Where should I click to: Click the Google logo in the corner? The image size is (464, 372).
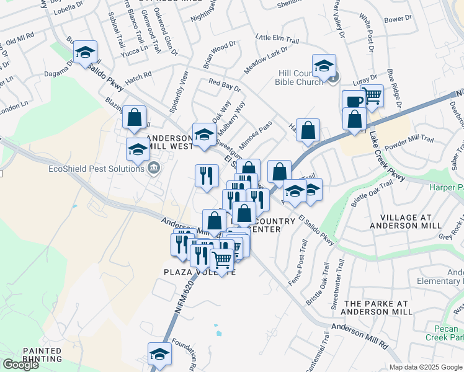click(x=20, y=365)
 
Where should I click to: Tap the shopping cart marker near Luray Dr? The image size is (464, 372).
click(x=372, y=96)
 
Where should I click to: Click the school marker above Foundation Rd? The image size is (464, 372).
click(x=159, y=354)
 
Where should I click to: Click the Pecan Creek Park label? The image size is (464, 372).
click(x=444, y=333)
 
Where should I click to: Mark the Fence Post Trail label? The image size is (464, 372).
click(x=298, y=263)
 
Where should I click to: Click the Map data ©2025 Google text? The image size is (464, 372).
click(x=426, y=367)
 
